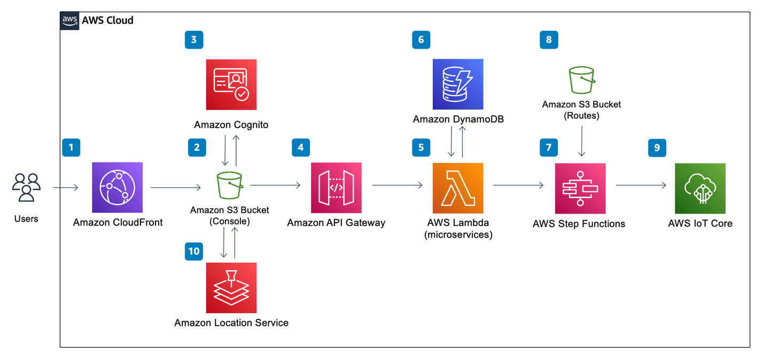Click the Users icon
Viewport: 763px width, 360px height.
[x=26, y=187]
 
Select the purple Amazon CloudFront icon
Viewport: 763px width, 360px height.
[x=117, y=187]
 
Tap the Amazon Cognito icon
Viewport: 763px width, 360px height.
[x=231, y=84]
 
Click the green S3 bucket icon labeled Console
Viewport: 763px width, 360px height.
[x=230, y=185]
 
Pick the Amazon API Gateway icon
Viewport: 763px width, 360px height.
[x=336, y=187]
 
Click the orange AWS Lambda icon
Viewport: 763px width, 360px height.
[x=458, y=188]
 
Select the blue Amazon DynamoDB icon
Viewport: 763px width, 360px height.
[x=458, y=84]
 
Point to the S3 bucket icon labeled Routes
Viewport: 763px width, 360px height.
[x=581, y=81]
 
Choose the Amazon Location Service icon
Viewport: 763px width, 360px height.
[x=231, y=288]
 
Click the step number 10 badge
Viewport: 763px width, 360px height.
[x=194, y=251]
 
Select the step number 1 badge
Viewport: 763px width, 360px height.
[x=71, y=147]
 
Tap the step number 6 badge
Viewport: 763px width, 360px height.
[x=421, y=40]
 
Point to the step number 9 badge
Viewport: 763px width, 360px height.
[x=657, y=148]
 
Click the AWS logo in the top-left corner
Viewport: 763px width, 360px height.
[x=70, y=20]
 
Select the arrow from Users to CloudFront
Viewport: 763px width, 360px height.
[x=66, y=187]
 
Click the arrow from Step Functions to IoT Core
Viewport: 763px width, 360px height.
[x=641, y=185]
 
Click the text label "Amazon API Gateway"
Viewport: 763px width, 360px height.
[x=336, y=223]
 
